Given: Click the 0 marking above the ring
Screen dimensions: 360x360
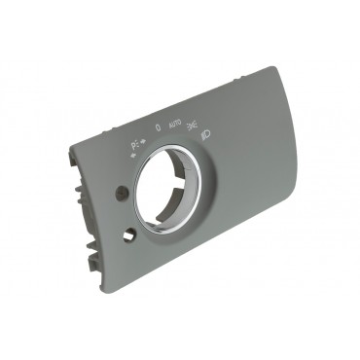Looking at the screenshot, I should pyautogui.click(x=158, y=126).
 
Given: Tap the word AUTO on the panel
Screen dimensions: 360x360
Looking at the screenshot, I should pyautogui.click(x=174, y=126).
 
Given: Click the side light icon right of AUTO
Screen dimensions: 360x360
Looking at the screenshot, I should pyautogui.click(x=194, y=124).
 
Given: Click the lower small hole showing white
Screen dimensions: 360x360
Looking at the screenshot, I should pyautogui.click(x=129, y=234).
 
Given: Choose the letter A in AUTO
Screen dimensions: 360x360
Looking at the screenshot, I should pyautogui.click(x=169, y=126).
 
